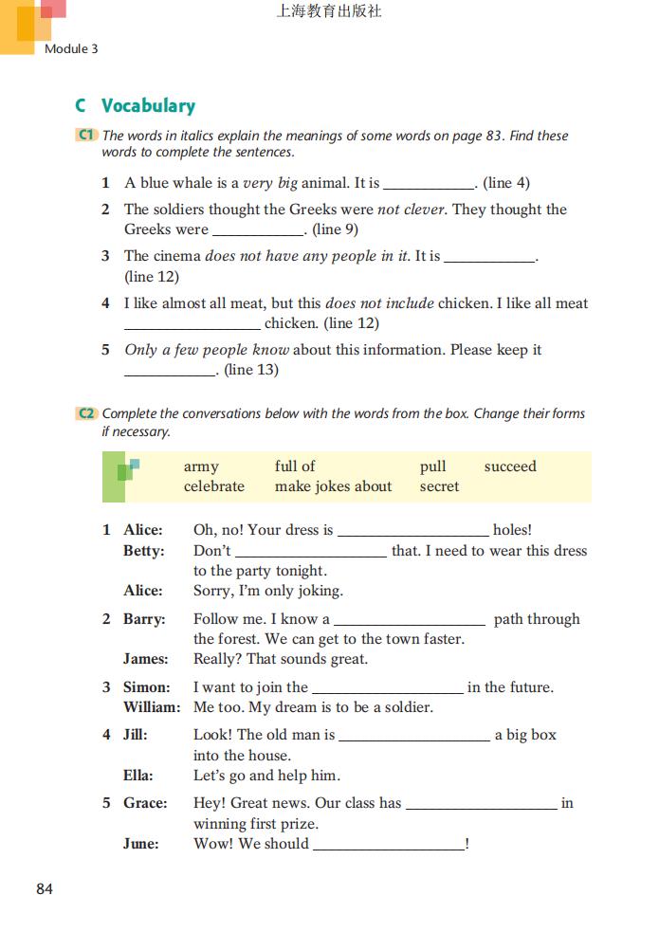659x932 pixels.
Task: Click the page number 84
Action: click(x=45, y=889)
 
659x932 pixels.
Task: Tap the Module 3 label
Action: click(x=71, y=48)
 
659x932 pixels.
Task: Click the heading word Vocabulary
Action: click(x=148, y=106)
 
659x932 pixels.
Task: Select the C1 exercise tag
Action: click(x=85, y=136)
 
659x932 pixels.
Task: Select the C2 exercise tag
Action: click(x=85, y=413)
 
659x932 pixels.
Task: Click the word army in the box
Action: click(x=201, y=466)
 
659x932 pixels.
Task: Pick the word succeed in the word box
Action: click(x=510, y=466)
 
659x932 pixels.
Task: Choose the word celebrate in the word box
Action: click(x=214, y=486)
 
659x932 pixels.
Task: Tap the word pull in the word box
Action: click(x=433, y=466)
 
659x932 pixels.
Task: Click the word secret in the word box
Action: click(x=439, y=486)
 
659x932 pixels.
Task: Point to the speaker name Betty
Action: click(x=143, y=551)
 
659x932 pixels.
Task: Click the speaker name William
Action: click(x=152, y=707)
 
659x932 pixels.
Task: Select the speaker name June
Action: click(x=141, y=844)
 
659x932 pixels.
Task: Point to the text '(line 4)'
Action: click(x=506, y=183)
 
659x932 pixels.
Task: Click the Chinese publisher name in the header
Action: click(x=329, y=12)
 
